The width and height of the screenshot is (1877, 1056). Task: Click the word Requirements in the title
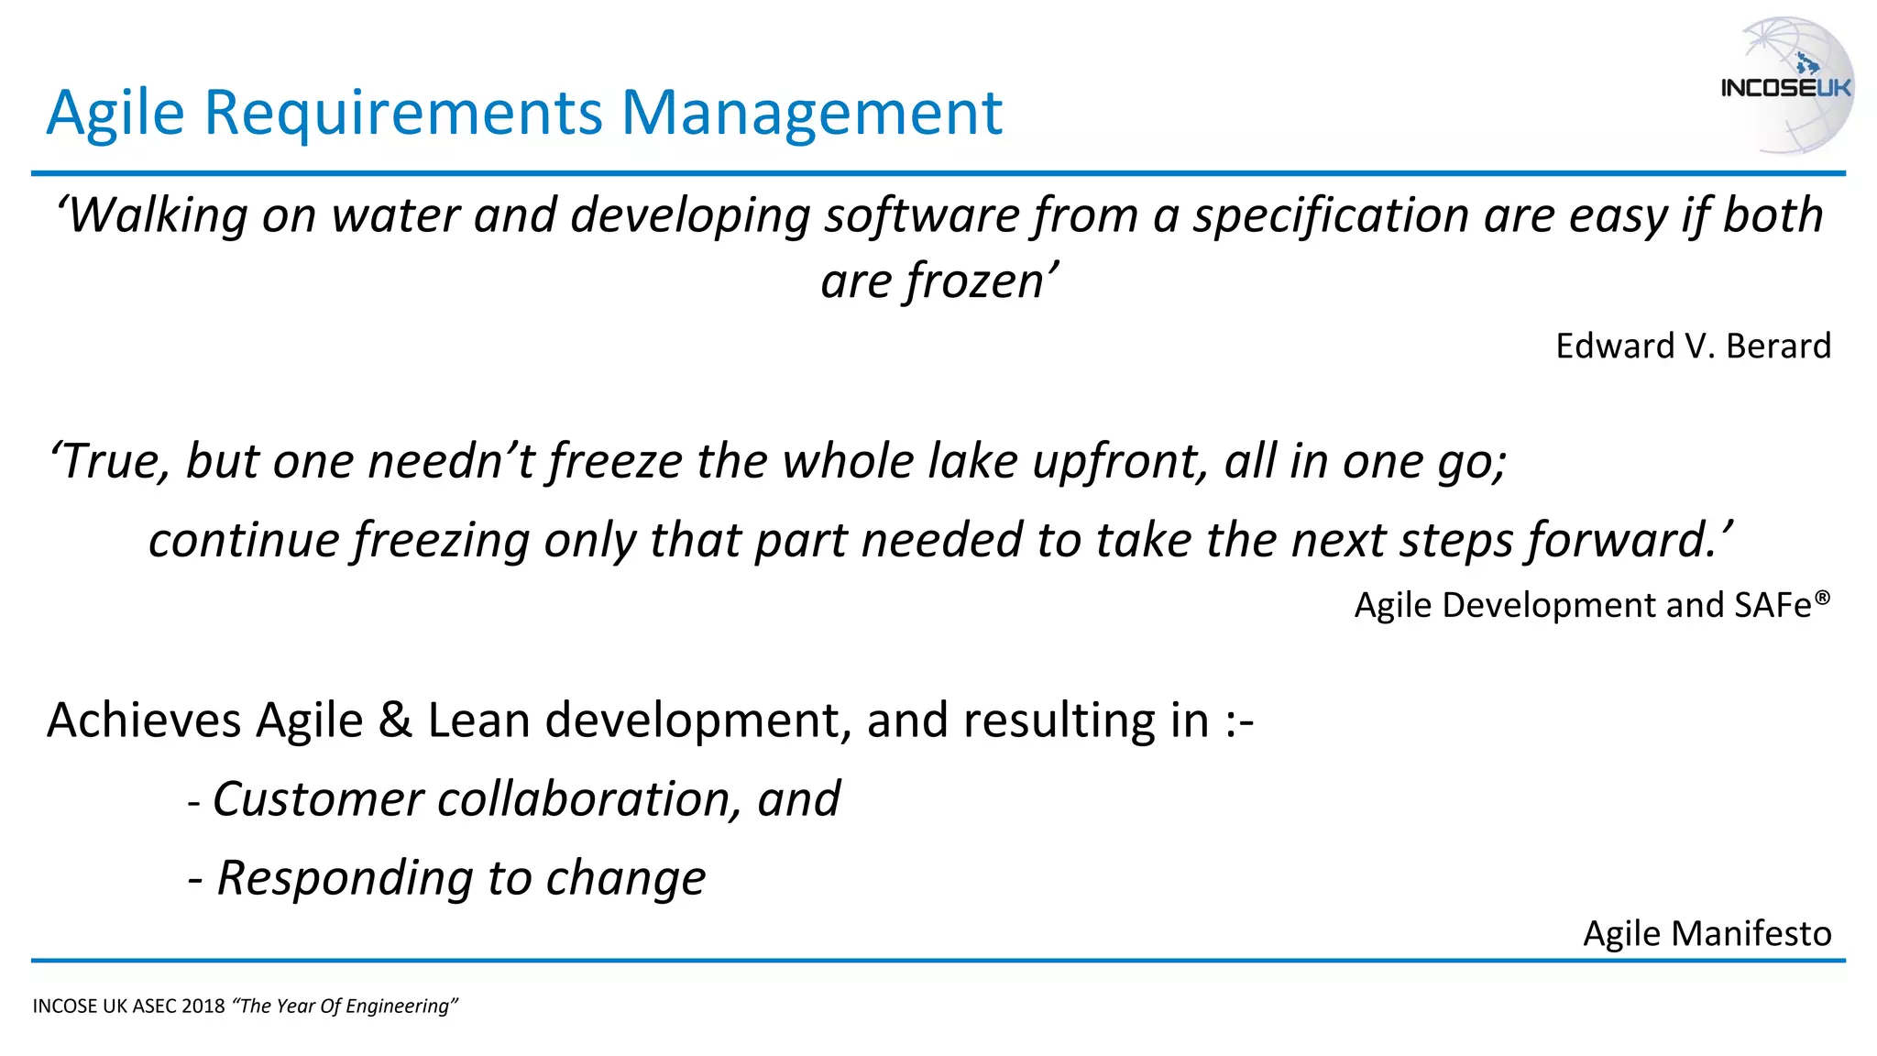point(403,114)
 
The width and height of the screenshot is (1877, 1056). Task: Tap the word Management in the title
point(812,114)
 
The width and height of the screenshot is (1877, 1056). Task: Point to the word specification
point(1330,216)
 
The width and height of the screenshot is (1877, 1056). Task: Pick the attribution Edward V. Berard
point(1693,346)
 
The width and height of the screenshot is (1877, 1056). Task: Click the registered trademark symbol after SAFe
point(1822,598)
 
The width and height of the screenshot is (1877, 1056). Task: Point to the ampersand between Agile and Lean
point(395,720)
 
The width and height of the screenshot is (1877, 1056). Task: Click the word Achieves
point(144,720)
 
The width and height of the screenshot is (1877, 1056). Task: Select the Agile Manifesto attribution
point(1707,933)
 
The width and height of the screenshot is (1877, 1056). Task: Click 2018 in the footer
point(203,1006)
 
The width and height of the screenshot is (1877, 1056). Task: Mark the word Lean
point(478,720)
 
